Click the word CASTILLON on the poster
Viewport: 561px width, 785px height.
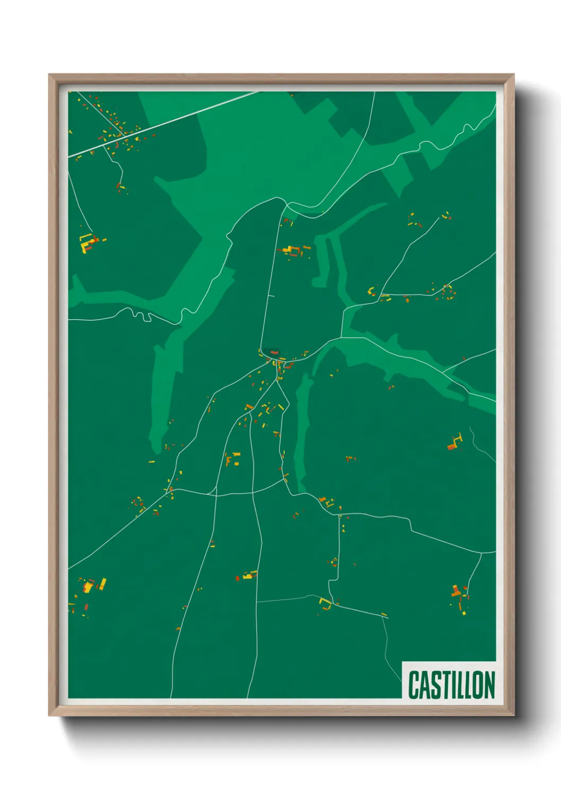(x=451, y=685)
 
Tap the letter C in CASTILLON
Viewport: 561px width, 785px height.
(x=414, y=685)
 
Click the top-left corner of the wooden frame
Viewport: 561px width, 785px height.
(x=50, y=75)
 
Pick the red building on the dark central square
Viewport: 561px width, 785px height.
(x=274, y=352)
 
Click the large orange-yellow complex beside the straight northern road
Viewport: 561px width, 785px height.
(x=292, y=249)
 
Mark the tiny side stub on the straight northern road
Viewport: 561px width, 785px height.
(x=271, y=295)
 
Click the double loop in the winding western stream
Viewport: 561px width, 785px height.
(x=139, y=315)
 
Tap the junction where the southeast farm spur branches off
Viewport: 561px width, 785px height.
(x=481, y=553)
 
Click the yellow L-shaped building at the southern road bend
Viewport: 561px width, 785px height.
(x=324, y=603)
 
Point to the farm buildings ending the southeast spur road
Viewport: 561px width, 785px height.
(x=459, y=597)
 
